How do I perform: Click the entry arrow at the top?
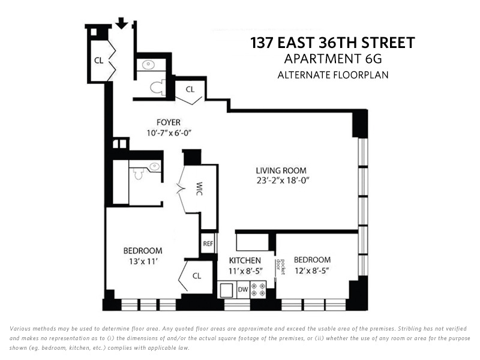[122, 23]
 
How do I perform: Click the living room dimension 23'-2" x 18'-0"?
[283, 179]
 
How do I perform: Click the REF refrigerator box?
[208, 244]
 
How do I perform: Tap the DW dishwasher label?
[243, 290]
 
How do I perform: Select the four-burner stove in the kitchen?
[260, 289]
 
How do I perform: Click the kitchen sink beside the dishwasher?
[227, 289]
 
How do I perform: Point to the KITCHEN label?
[245, 260]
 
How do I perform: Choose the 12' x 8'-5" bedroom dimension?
[312, 271]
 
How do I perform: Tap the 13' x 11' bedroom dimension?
[143, 261]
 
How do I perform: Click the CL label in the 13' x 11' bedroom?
[197, 276]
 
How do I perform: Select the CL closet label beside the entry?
[99, 60]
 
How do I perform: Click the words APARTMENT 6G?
[332, 59]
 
